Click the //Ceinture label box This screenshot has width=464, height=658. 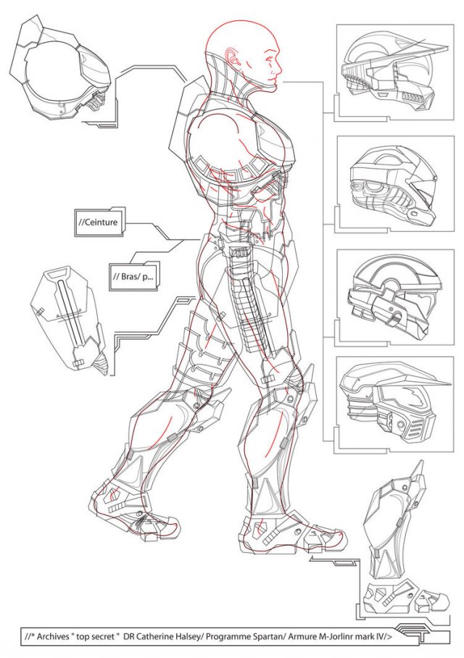tap(100, 222)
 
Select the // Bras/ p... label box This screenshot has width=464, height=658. tap(135, 277)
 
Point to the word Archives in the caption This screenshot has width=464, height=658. tap(52, 636)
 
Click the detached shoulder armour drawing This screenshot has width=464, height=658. tap(59, 70)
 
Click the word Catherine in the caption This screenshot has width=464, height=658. tap(149, 636)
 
